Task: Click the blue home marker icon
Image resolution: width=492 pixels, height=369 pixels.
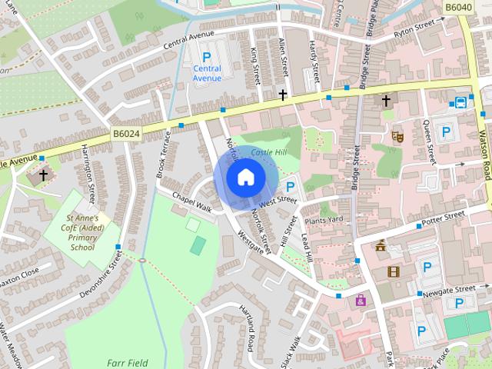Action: (x=245, y=178)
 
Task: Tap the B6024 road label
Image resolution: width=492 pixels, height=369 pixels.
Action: (x=126, y=134)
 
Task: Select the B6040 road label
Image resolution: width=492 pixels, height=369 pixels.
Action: (x=458, y=7)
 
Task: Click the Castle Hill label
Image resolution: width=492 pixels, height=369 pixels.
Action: (x=268, y=153)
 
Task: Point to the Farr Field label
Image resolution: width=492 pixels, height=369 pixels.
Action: (x=127, y=362)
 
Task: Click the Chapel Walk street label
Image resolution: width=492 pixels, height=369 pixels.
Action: (x=191, y=202)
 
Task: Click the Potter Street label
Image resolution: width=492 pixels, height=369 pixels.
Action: (x=444, y=219)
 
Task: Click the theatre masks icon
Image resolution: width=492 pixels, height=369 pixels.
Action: (x=397, y=136)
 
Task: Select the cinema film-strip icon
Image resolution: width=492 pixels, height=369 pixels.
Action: (x=394, y=271)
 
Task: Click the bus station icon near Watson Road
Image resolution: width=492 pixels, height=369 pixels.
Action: (x=460, y=102)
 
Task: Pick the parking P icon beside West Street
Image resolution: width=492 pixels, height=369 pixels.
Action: (x=291, y=187)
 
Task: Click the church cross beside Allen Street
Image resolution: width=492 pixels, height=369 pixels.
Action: (x=283, y=95)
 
